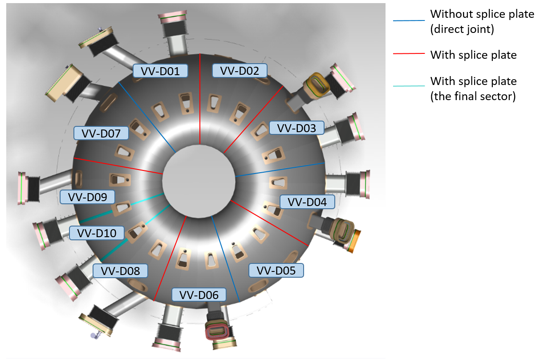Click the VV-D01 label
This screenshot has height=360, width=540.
161,71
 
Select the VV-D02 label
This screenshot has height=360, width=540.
240,70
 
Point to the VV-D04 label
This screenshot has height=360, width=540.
307,202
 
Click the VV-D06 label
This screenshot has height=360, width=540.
199,295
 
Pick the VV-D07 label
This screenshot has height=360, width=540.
102,133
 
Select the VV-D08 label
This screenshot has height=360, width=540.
120,271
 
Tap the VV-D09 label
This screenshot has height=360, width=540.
87,197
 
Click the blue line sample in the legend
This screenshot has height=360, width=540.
409,20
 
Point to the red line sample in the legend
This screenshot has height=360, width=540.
409,53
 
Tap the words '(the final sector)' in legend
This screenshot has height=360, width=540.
473,97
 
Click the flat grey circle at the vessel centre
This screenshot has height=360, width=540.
199,180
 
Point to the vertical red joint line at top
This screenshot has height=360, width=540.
200,98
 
